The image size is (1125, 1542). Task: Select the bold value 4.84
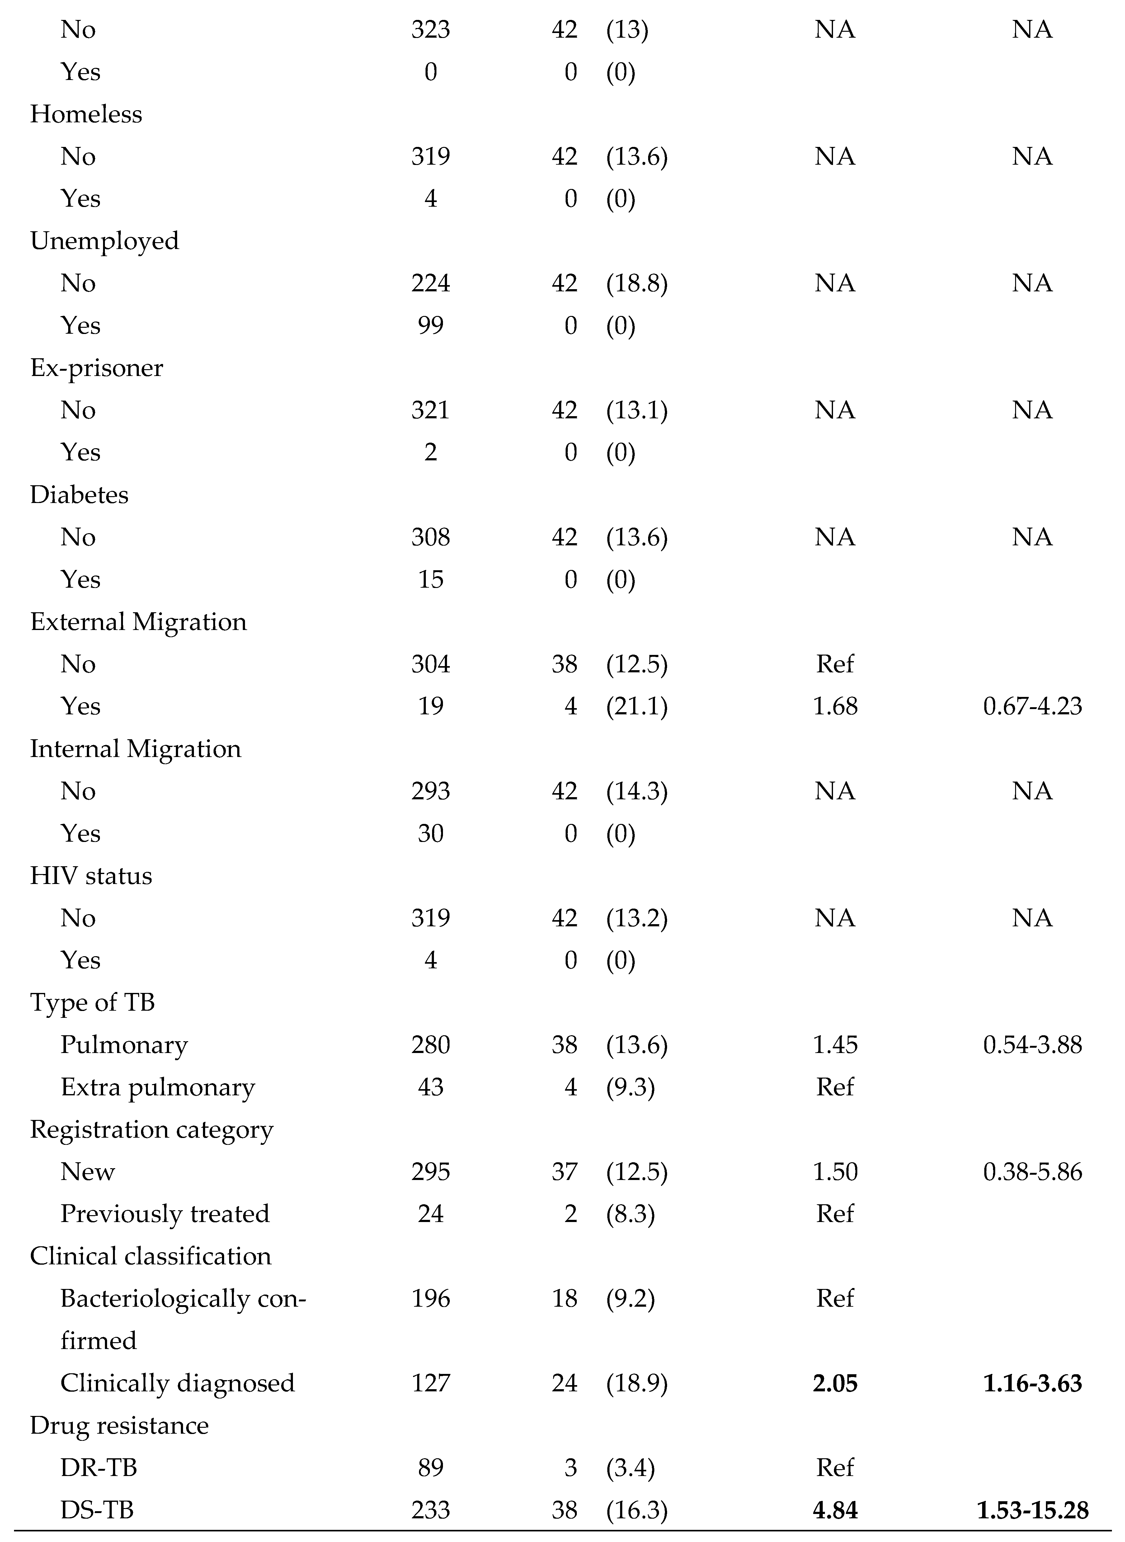click(835, 1510)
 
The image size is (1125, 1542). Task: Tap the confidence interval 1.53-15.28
click(1032, 1510)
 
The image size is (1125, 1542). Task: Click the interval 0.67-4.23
click(1032, 706)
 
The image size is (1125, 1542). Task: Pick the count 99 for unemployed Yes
click(431, 325)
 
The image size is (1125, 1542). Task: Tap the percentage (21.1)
click(637, 706)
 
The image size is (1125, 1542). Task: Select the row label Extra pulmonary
click(157, 1087)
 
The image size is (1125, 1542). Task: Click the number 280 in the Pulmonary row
click(431, 1045)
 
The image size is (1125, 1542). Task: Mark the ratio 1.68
click(835, 706)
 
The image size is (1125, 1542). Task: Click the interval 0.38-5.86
click(1032, 1172)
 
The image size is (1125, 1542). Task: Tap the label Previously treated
click(165, 1214)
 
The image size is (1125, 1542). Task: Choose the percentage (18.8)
click(637, 283)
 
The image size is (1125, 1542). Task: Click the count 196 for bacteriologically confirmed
click(431, 1298)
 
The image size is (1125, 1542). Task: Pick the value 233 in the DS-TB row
click(431, 1510)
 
